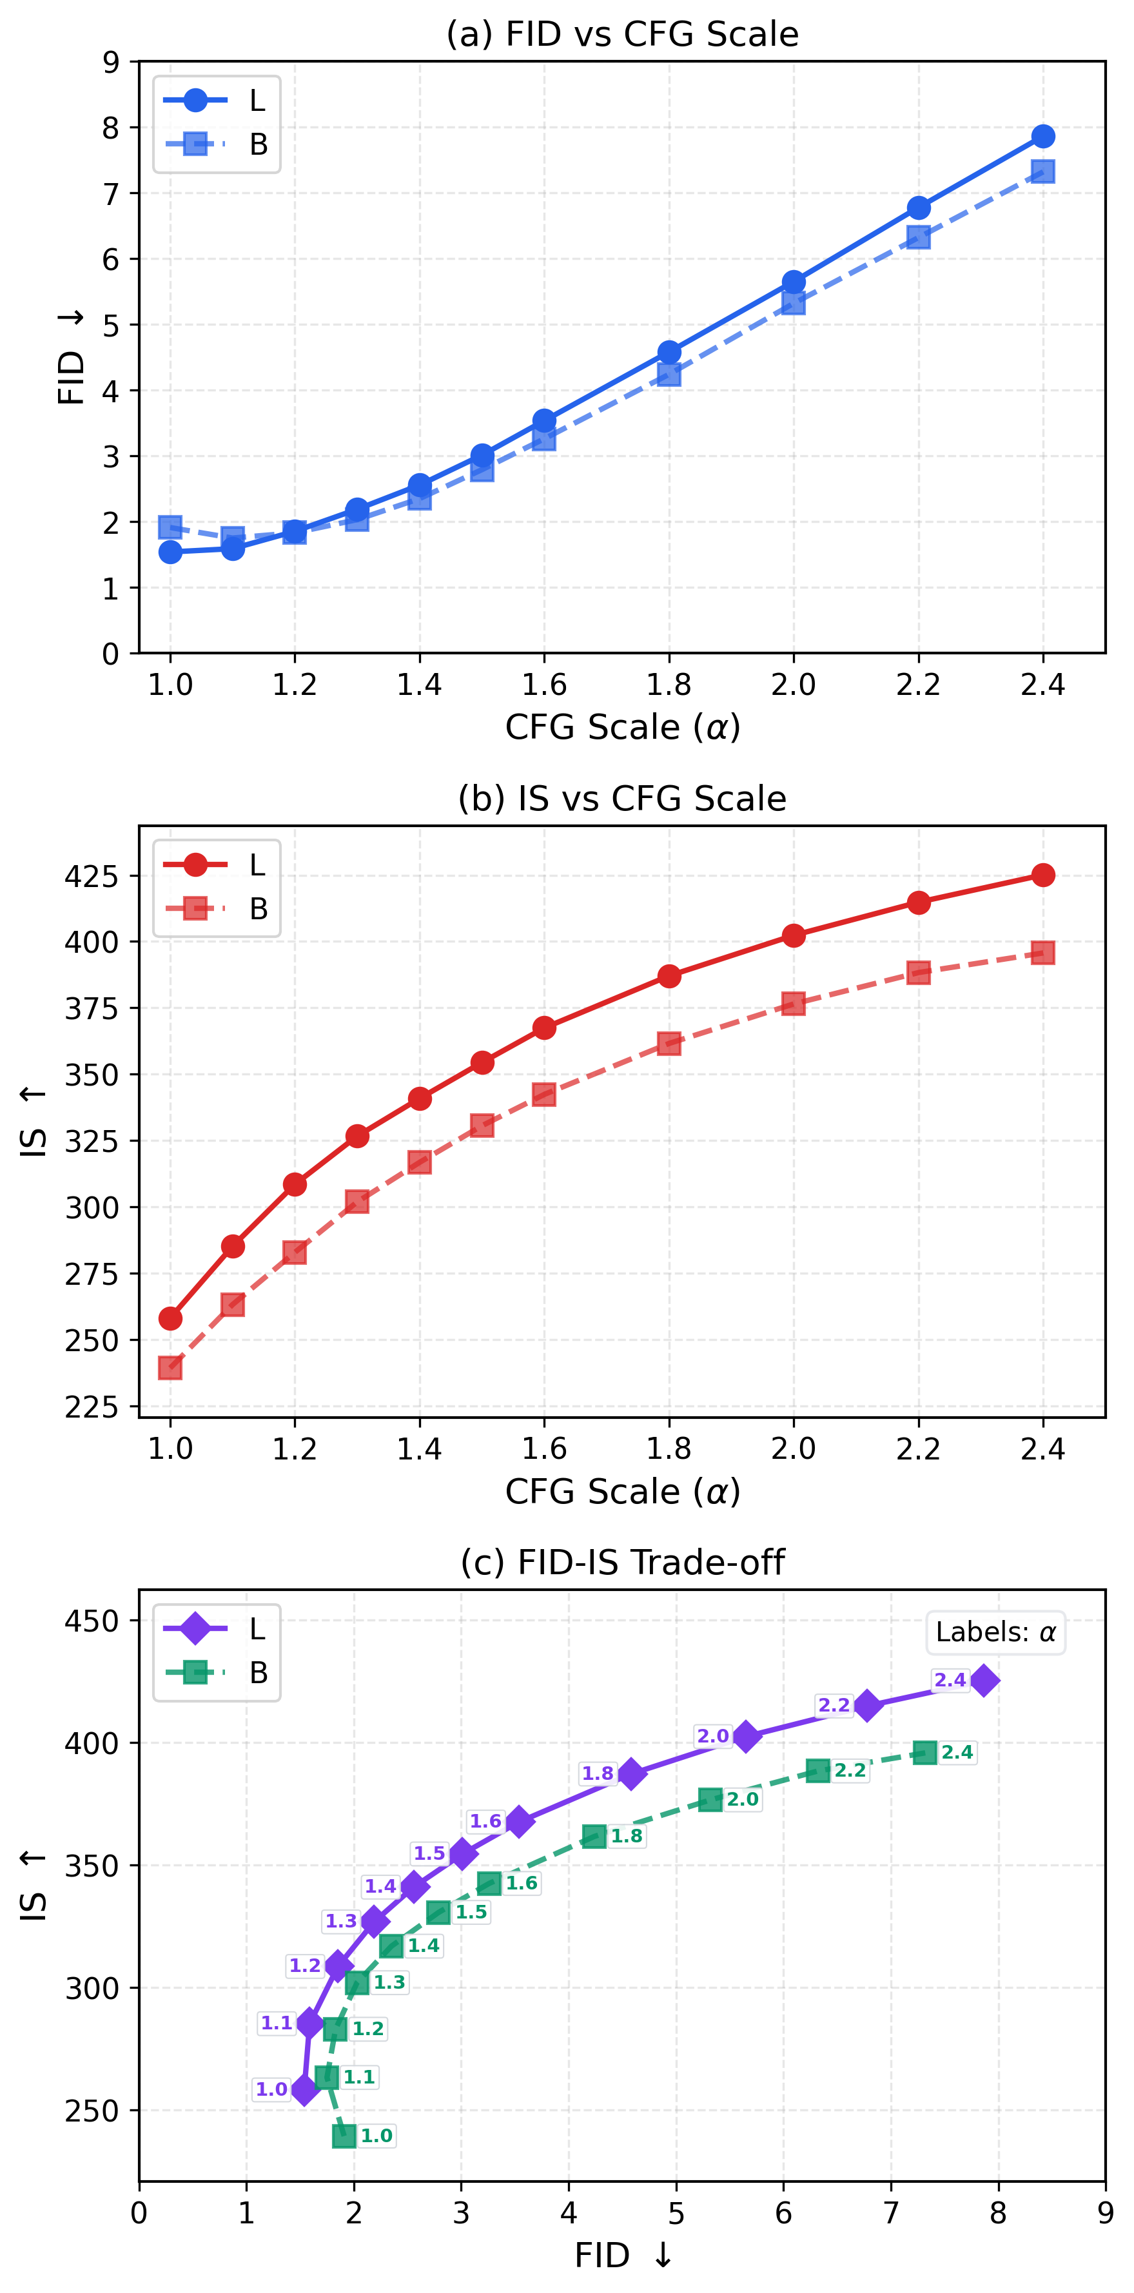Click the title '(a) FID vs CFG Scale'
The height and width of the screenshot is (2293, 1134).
[x=622, y=34]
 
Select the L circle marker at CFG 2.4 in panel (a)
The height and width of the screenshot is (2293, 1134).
[x=1042, y=136]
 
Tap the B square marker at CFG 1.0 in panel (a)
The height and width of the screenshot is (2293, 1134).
[x=170, y=527]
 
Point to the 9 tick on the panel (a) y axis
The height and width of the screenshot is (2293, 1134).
[x=110, y=63]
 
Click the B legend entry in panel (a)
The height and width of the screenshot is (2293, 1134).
[x=217, y=144]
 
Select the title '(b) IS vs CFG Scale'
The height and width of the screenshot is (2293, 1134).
[x=622, y=799]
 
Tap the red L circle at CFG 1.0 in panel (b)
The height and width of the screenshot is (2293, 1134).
[x=170, y=1318]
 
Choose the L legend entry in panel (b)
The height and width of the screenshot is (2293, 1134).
[x=217, y=864]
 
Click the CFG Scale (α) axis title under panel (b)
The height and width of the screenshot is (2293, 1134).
[x=622, y=1491]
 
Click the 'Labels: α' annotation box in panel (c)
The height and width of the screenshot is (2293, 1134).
[x=995, y=1632]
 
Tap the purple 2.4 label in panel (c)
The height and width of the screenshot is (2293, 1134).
[x=950, y=1680]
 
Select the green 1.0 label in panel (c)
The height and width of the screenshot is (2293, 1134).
[x=376, y=2136]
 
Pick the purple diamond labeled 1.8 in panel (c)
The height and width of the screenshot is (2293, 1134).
[x=631, y=1773]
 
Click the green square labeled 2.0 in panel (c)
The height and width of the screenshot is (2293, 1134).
[x=709, y=1799]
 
